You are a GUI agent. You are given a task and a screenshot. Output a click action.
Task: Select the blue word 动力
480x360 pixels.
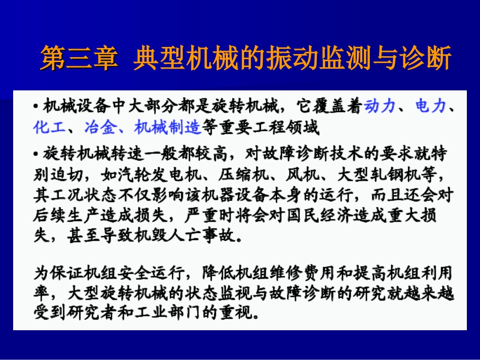point(380,106)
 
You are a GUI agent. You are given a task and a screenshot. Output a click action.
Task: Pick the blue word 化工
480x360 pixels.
point(49,128)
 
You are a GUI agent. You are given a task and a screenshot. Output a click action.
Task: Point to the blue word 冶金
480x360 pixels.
point(100,128)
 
